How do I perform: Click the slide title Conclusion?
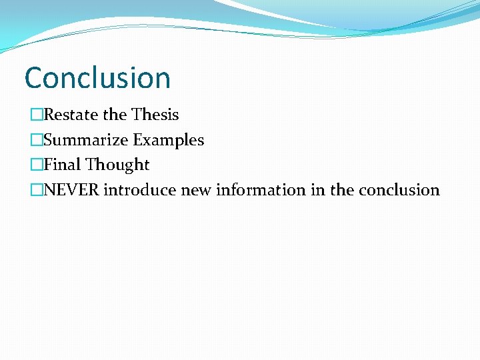tap(97, 78)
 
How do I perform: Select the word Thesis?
tap(155, 115)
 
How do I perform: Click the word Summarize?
tap(85, 140)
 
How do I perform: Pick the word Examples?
tap(168, 140)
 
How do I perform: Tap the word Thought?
tap(117, 165)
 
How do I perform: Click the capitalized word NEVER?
tap(71, 190)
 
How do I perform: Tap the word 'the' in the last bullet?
tap(342, 190)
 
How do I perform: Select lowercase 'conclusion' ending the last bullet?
tap(399, 190)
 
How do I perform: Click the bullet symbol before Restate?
tap(36, 115)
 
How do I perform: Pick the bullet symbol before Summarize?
tap(36, 141)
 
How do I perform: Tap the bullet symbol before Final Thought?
tap(36, 165)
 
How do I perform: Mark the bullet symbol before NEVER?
tap(36, 191)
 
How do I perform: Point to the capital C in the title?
tap(34, 78)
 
